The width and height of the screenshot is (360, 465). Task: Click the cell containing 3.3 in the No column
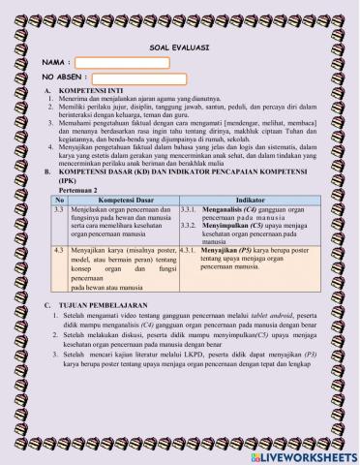pos(59,208)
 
